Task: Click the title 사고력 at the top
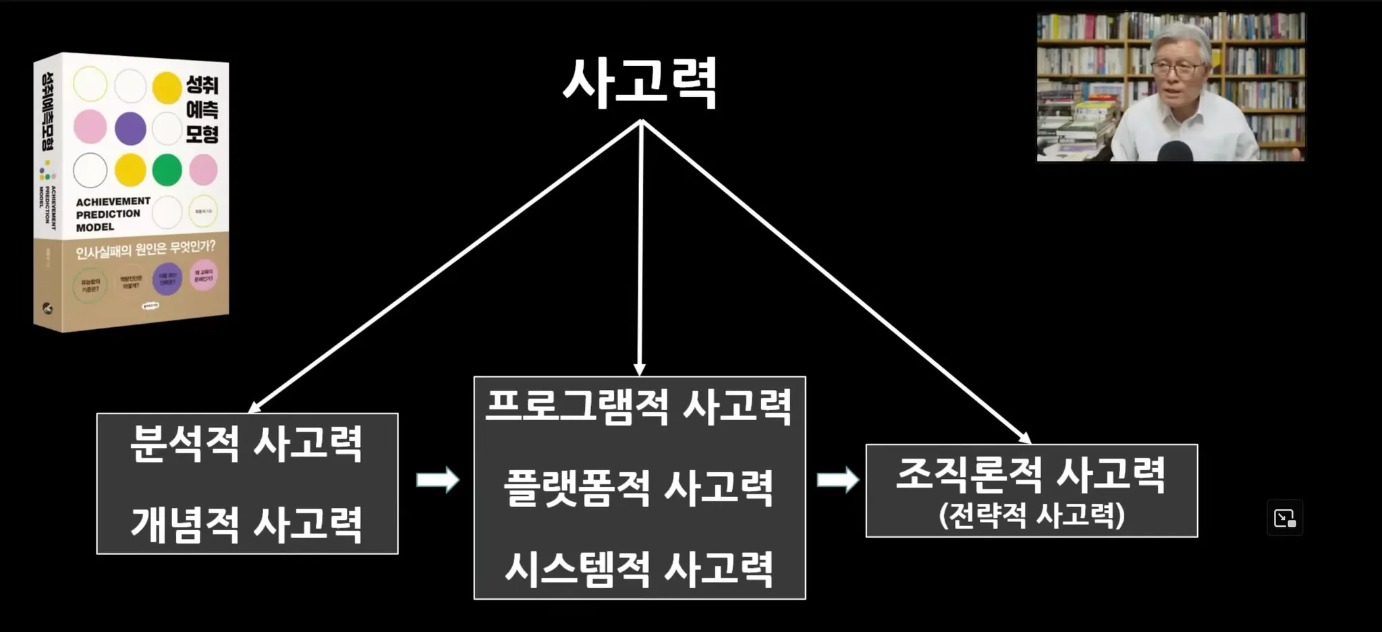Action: click(640, 84)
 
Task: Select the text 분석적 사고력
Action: click(247, 444)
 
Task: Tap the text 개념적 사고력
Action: click(247, 524)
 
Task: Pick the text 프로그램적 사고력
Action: click(638, 407)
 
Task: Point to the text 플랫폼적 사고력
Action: click(638, 488)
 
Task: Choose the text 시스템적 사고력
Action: click(638, 569)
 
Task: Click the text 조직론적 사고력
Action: click(1030, 474)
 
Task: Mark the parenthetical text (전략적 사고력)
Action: click(1031, 516)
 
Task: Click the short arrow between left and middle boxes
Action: click(437, 480)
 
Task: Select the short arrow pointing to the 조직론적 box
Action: click(837, 480)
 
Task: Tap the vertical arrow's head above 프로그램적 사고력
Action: click(639, 369)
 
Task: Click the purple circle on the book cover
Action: click(130, 128)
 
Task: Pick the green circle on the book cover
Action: click(167, 169)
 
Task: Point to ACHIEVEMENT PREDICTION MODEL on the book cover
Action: click(112, 214)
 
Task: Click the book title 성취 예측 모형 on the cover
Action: click(202, 109)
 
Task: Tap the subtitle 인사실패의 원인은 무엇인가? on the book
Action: click(145, 250)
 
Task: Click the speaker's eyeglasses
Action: click(1178, 67)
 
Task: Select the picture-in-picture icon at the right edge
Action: click(1284, 518)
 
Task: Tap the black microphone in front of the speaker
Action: click(1175, 151)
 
